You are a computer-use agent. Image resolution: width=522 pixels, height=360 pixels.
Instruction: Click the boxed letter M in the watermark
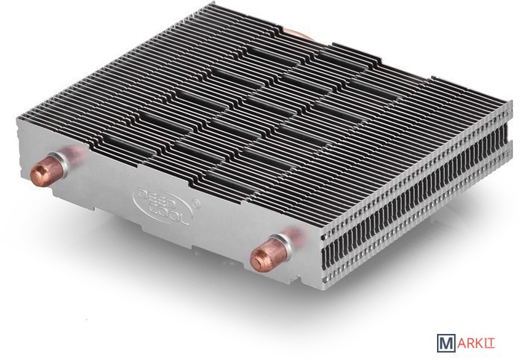click(446, 343)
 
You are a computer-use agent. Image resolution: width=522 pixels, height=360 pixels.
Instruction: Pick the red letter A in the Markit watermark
click(462, 344)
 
